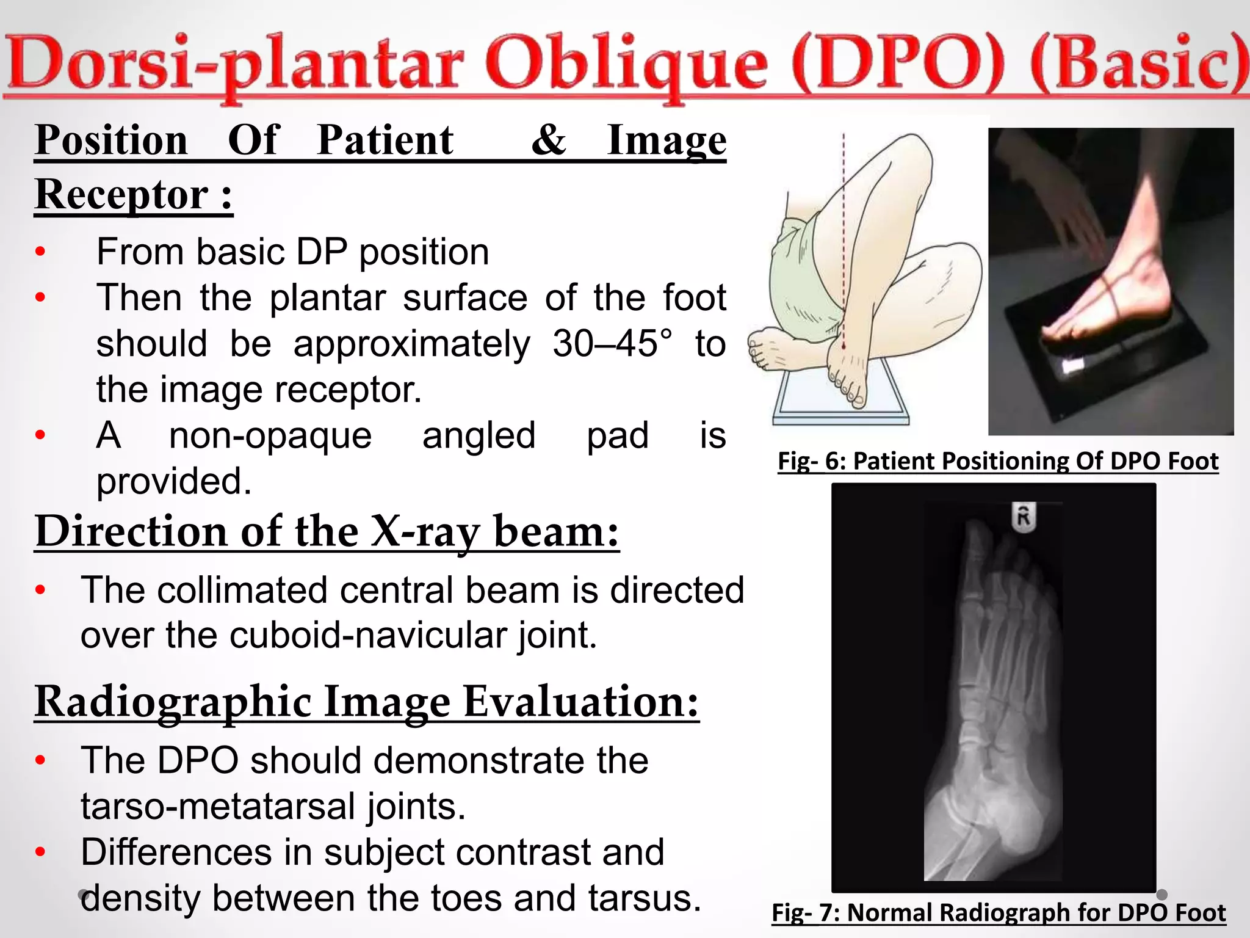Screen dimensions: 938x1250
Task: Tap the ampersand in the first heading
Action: tap(548, 140)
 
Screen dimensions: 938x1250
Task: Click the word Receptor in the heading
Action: tap(121, 195)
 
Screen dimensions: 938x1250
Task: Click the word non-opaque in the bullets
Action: tap(270, 436)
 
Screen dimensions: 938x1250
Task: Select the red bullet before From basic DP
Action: tap(40, 252)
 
